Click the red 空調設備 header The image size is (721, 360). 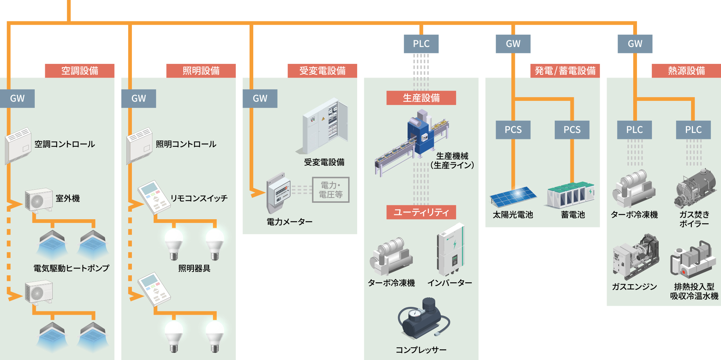80,71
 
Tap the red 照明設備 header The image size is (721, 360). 201,71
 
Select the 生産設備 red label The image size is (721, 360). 421,98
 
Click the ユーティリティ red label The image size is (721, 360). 421,212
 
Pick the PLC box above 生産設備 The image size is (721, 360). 421,44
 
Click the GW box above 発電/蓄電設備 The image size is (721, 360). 513,44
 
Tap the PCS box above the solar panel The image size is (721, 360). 513,130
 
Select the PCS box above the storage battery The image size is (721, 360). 572,130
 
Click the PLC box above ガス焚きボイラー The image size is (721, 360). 693,130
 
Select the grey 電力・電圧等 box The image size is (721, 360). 331,190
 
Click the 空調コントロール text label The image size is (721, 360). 65,144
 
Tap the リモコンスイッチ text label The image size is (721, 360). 199,198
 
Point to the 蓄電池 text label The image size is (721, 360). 573,215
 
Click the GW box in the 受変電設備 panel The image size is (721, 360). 260,99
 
